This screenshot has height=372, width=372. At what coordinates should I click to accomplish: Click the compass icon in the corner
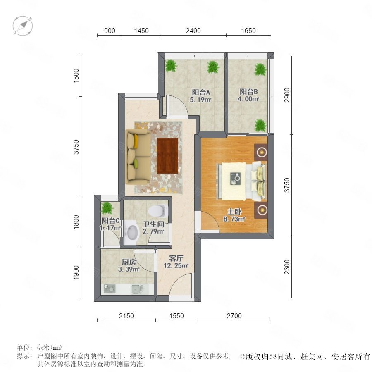(23, 25)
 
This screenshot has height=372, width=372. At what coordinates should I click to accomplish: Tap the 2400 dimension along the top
(193, 31)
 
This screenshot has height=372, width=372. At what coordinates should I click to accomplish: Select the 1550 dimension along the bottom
(176, 316)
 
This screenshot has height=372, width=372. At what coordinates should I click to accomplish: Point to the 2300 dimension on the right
(287, 267)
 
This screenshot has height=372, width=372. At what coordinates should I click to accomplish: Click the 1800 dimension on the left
(76, 222)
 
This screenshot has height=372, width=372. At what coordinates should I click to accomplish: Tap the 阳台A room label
(201, 92)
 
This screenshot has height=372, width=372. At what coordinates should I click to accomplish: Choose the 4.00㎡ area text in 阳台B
(248, 99)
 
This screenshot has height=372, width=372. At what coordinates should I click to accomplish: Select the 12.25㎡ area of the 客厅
(176, 266)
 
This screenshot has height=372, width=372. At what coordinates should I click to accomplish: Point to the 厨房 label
(129, 262)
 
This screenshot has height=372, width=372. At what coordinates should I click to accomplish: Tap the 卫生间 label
(153, 224)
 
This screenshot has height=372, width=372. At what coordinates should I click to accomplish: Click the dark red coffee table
(167, 156)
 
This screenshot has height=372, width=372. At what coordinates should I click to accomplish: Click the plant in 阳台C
(107, 208)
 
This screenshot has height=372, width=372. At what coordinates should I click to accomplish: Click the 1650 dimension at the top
(248, 31)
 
